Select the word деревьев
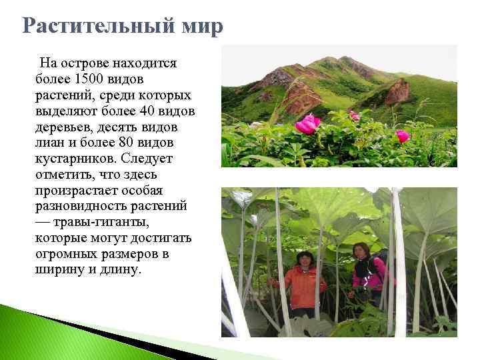(65, 127)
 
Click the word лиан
(51, 143)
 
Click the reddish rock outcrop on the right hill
(398, 91)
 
